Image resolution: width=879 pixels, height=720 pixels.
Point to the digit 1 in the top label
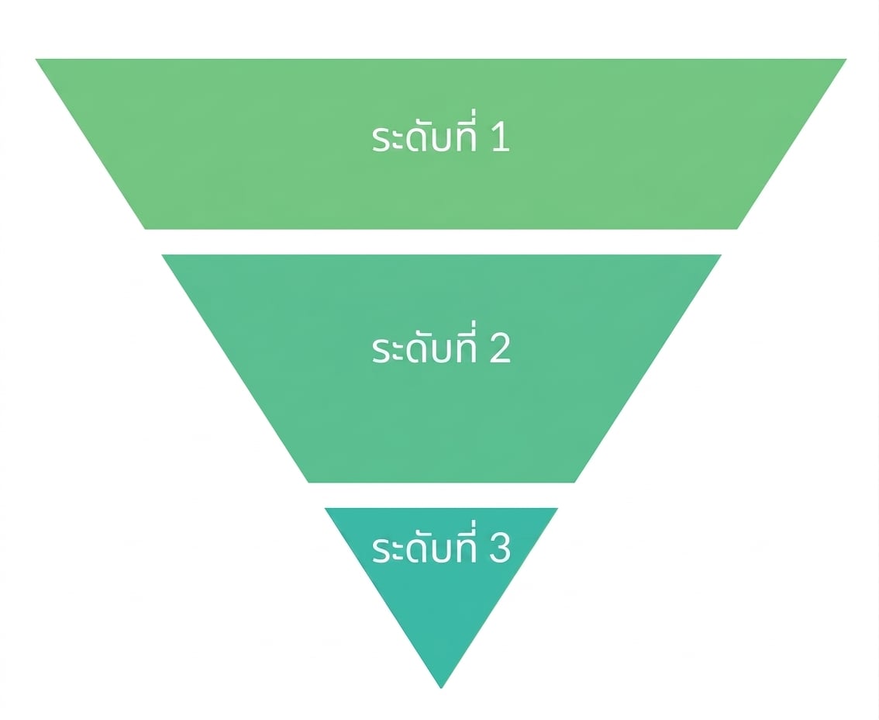point(500,138)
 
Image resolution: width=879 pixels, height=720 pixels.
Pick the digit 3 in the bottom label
point(500,549)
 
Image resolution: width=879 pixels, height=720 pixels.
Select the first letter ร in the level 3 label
point(381,550)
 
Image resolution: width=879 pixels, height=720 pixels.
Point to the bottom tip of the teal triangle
point(441,688)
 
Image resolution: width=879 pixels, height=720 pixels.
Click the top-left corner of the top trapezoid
point(36,59)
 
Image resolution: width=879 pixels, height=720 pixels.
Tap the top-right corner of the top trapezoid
point(846,59)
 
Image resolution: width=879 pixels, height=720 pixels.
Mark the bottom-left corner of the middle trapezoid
point(309,482)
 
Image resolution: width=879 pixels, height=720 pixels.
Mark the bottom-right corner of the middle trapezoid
point(574,482)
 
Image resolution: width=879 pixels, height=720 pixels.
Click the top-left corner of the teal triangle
point(325,508)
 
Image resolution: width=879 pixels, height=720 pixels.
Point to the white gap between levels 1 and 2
point(441,242)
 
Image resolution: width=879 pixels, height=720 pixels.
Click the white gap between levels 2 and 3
point(441,495)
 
